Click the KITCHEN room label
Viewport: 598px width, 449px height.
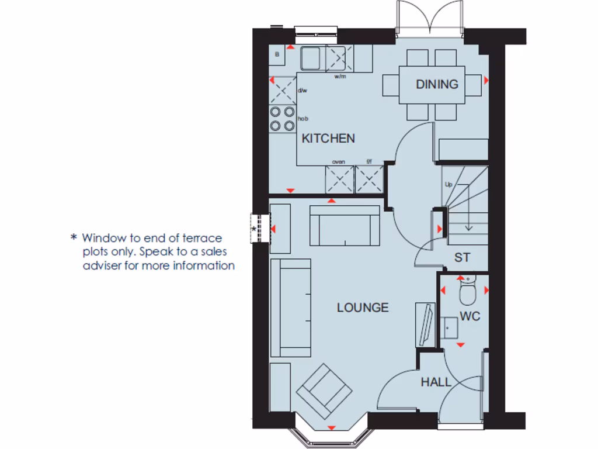(328, 139)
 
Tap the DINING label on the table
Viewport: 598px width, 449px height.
(437, 84)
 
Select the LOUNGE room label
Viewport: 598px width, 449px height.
(362, 308)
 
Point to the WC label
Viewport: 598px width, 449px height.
(470, 316)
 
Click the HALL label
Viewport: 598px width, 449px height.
(436, 382)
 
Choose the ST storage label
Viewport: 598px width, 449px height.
(463, 258)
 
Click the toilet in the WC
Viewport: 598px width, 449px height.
(468, 292)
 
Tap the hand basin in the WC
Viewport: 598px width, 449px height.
(450, 329)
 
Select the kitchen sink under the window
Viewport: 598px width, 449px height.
(311, 58)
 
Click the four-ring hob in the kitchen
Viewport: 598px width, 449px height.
(282, 119)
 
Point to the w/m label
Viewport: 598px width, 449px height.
(340, 77)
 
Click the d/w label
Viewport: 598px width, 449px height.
(302, 91)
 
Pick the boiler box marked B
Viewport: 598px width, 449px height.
(277, 55)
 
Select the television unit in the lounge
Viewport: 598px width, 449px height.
(425, 324)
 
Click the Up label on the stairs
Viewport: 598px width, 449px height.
(448, 184)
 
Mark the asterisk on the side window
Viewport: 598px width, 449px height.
(254, 229)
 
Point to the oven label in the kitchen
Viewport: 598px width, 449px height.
(338, 162)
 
